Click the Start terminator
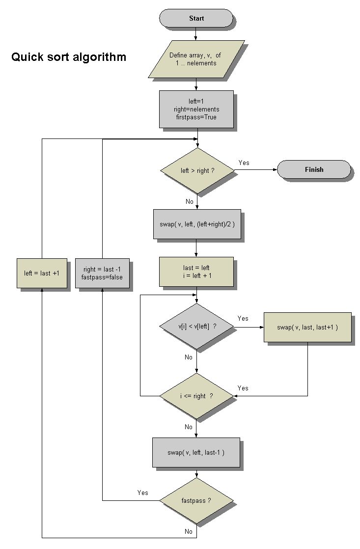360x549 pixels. pos(196,18)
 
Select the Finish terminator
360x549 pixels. pos(314,169)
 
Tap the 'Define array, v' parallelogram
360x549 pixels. pos(196,59)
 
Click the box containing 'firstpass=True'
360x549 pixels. pos(196,109)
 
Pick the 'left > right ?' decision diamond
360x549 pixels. pos(197,170)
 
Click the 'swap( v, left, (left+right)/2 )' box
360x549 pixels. pos(197,224)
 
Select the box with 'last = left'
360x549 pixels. pos(196,272)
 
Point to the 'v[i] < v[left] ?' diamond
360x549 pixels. pos(196,326)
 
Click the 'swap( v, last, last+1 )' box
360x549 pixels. pos(307,327)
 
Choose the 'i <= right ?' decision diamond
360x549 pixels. pos(196,396)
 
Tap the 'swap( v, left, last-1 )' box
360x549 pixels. pos(196,452)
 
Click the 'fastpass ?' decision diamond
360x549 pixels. pos(196,500)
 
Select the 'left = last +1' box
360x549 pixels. pos(42,273)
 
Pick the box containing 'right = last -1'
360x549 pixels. pos(103,273)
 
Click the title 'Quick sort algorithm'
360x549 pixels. pos(69,57)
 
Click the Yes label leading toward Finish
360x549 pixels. pos(244,163)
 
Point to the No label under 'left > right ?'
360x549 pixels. pos(189,201)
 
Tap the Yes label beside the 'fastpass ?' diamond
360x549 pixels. pos(143,493)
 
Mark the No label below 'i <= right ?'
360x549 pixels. pos(189,427)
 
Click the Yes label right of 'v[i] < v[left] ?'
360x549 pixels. pos(243,318)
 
